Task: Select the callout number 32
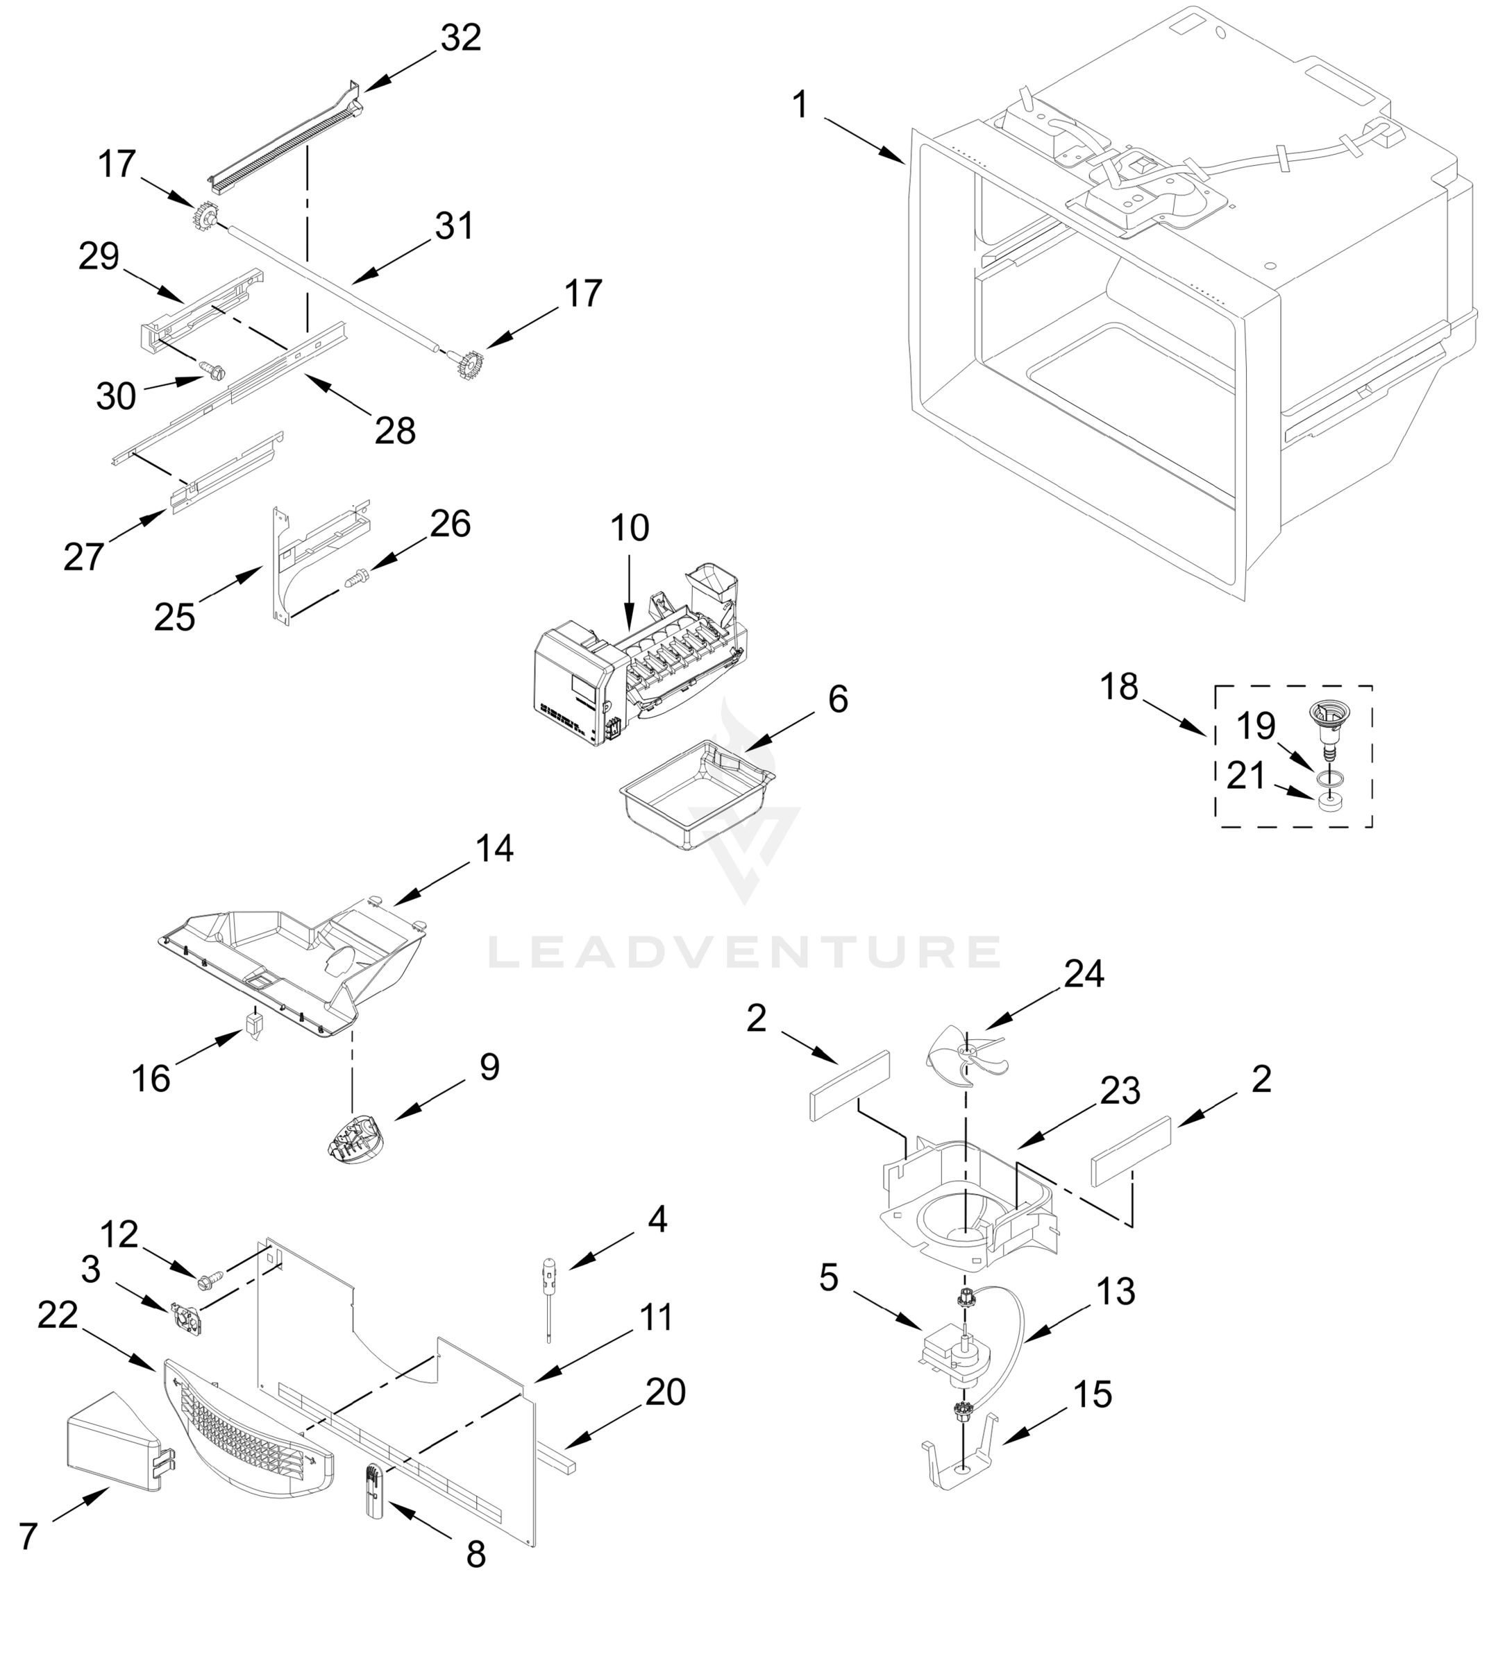[461, 37]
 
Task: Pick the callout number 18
[1118, 687]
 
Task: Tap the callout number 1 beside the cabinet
[800, 105]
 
